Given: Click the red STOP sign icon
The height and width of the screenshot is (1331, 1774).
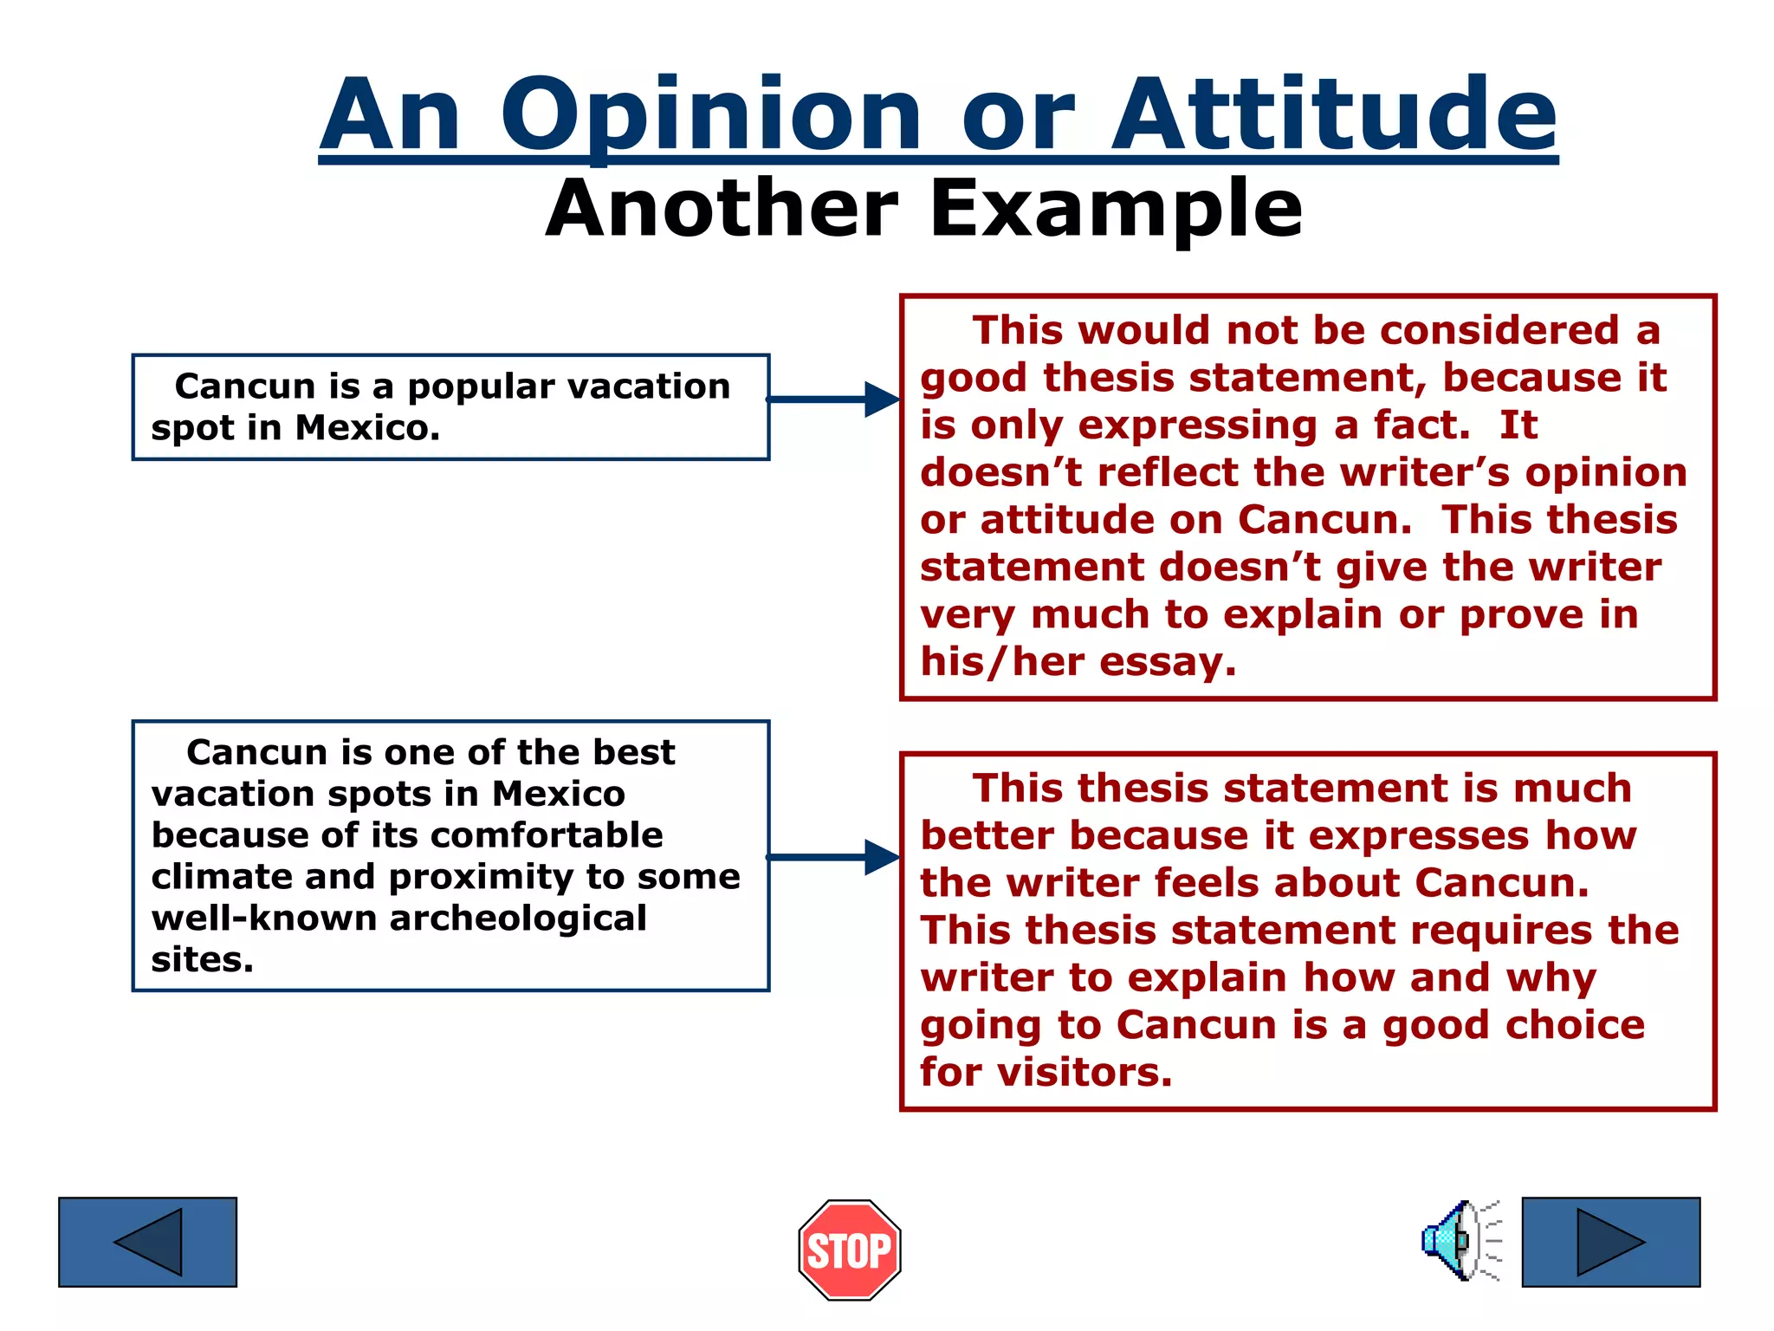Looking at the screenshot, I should (x=849, y=1250).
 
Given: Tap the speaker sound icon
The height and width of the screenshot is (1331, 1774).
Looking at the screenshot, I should (x=1460, y=1241).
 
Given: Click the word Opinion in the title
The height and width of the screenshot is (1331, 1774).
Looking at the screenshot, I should (x=710, y=114).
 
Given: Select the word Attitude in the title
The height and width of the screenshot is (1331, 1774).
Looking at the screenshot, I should (x=1334, y=114).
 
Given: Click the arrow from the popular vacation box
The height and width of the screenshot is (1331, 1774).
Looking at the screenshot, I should (x=832, y=399).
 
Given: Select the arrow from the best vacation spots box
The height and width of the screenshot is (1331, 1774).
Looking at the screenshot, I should (x=832, y=857).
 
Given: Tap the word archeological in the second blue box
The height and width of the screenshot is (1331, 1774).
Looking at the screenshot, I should (x=518, y=919).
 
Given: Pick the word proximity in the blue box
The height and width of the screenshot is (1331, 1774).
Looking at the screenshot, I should (x=481, y=877).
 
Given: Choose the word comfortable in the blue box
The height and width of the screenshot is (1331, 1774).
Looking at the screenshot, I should (x=547, y=835).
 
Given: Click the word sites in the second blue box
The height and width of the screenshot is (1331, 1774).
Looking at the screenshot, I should (x=201, y=960).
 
